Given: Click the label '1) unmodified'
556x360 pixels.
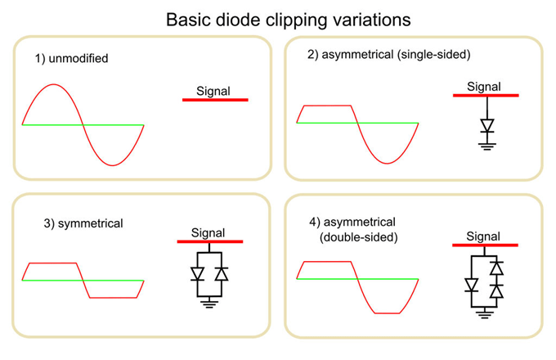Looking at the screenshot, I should [x=71, y=59].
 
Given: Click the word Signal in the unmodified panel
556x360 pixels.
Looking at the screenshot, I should [x=214, y=90].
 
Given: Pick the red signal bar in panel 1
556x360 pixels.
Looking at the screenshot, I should [x=214, y=100].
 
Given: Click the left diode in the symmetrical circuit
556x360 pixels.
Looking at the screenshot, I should [x=199, y=273].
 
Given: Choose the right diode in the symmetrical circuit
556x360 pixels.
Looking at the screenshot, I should [x=220, y=273].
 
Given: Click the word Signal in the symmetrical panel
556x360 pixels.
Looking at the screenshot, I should [x=210, y=231].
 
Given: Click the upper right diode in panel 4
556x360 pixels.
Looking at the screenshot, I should [x=495, y=268].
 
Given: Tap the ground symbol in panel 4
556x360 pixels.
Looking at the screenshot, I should [x=485, y=313].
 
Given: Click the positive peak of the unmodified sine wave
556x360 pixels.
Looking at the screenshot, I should [x=53, y=84].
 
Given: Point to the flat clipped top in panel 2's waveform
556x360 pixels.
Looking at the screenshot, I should [x=327, y=106].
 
